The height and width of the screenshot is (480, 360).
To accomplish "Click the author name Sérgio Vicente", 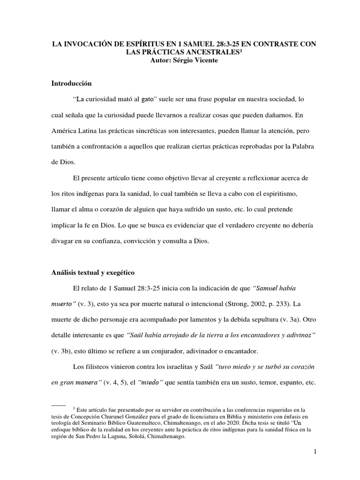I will pyautogui.click(x=195, y=60).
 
